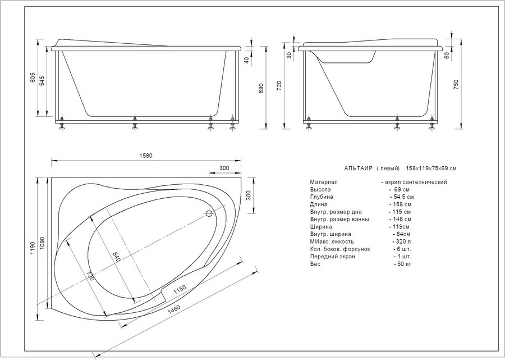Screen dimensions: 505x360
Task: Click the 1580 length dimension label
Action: pos(146,156)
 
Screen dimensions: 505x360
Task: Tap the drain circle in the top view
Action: pos(209,213)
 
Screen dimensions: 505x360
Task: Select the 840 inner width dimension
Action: pos(116,257)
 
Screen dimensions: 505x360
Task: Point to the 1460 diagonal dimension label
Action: pos(174,310)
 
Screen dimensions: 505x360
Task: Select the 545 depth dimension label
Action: pos(42,81)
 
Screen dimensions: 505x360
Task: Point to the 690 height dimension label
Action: pos(261,88)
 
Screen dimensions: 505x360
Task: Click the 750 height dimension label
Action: pos(456,84)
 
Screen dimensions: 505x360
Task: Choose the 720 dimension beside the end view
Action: pos(279,86)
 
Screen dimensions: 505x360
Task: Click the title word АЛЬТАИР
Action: pos(358,168)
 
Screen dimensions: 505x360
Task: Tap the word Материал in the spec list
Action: pos(324,182)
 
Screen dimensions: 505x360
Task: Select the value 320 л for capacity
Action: pos(401,241)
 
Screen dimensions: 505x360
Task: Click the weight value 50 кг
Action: pos(402,264)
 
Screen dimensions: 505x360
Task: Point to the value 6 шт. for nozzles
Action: pos(402,249)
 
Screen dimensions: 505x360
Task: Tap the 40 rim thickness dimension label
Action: pos(247,60)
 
